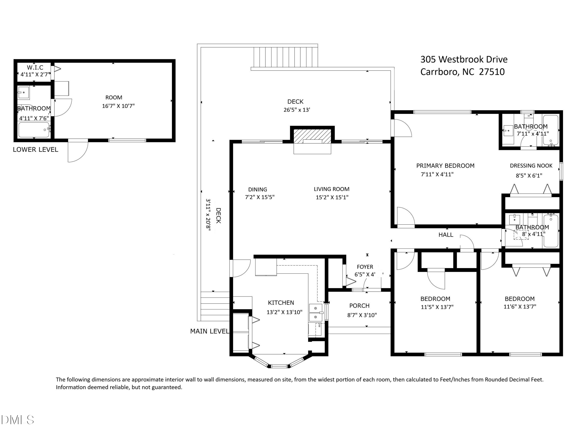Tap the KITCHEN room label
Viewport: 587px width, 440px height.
[x=281, y=303]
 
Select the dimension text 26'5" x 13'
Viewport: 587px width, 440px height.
[x=297, y=110]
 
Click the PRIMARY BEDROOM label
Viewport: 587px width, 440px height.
[x=445, y=166]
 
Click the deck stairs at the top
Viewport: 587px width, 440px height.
[x=285, y=57]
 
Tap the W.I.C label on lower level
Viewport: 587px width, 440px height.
[x=35, y=67]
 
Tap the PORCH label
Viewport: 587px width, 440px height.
[x=359, y=305]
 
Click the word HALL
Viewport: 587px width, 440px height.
[x=446, y=235]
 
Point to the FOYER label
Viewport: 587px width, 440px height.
[x=365, y=267]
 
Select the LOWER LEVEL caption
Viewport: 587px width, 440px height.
[x=35, y=150]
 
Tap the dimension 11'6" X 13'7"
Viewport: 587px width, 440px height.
[x=520, y=307]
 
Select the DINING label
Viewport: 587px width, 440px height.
[x=257, y=189]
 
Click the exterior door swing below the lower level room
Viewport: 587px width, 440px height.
[x=77, y=151]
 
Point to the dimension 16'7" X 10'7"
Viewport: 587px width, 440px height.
[x=118, y=106]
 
